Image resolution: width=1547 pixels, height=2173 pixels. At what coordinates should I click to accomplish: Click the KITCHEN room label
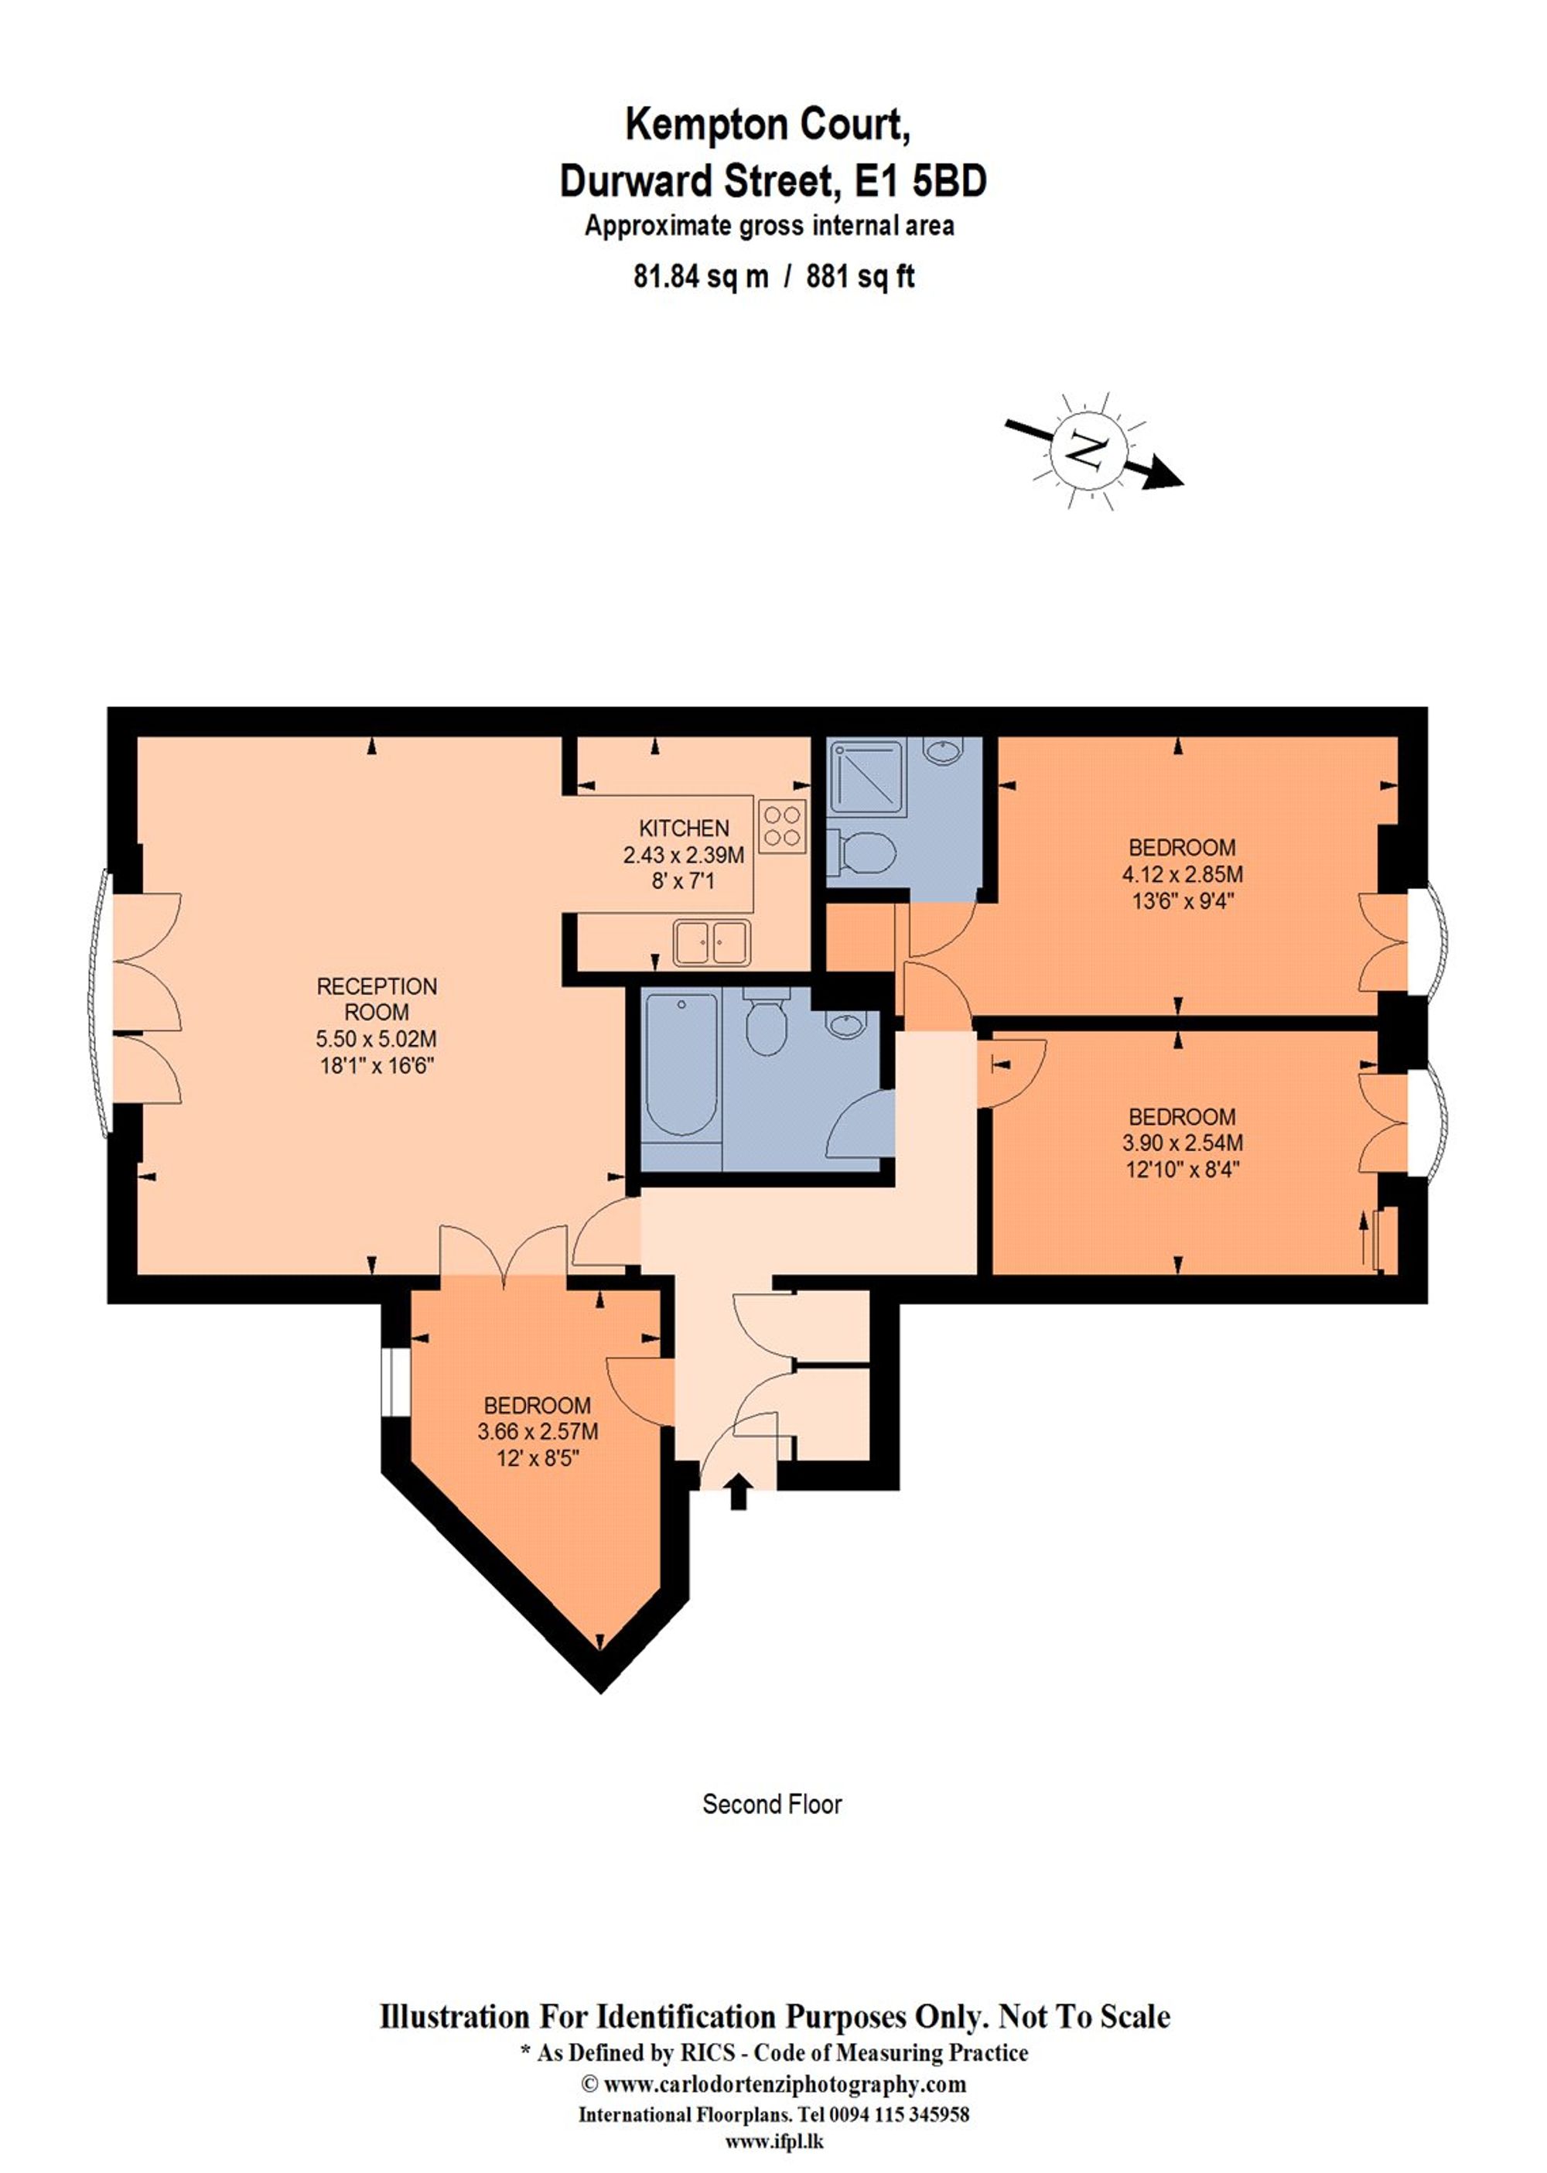683,828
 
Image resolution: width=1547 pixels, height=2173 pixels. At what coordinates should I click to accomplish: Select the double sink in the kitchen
712,942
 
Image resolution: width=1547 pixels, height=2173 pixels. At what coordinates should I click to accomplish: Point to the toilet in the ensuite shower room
867,852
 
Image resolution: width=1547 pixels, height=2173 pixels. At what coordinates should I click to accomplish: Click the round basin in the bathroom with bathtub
842,1025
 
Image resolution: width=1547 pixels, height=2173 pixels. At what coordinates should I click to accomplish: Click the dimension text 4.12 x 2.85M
1181,873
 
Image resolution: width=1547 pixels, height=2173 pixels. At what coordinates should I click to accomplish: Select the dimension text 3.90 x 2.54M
1181,1143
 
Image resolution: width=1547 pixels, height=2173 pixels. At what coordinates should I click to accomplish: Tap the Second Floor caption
772,1803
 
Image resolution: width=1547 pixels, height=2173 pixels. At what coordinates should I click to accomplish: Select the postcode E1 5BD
919,181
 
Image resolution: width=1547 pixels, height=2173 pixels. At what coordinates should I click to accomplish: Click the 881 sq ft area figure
859,277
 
